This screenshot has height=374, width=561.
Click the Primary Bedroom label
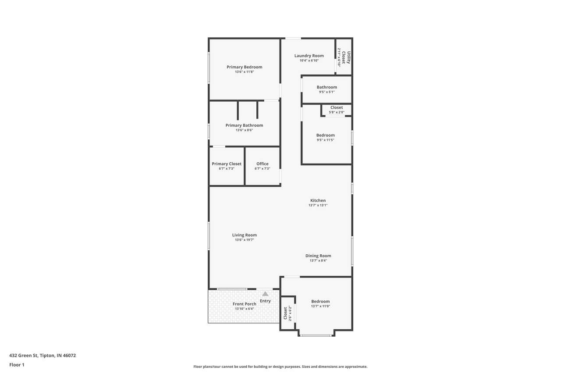pos(245,67)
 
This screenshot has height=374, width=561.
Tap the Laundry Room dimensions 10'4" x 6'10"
pos(309,61)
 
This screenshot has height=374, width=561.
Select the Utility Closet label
pos(346,57)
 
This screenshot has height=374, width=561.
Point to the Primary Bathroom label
pos(244,125)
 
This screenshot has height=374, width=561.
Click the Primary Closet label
pos(227,164)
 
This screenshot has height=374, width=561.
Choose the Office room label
pos(263,164)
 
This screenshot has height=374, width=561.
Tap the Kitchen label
pos(318,200)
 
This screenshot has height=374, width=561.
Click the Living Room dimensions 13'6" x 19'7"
pos(245,240)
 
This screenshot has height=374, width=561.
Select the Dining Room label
pos(318,256)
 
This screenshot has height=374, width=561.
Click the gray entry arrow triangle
pos(265,294)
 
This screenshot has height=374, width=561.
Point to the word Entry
pos(265,301)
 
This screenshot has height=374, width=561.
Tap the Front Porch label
pos(245,304)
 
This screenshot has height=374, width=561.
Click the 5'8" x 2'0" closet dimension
pos(337,112)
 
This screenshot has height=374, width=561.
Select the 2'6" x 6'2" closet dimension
pos(290,313)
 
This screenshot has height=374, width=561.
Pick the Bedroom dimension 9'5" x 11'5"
pos(325,140)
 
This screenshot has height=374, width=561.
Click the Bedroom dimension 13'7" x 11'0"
pos(320,306)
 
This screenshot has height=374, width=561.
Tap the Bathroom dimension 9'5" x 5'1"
pos(327,92)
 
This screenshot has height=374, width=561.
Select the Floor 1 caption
pos(17,365)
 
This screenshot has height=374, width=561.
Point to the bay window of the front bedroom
pos(316,335)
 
